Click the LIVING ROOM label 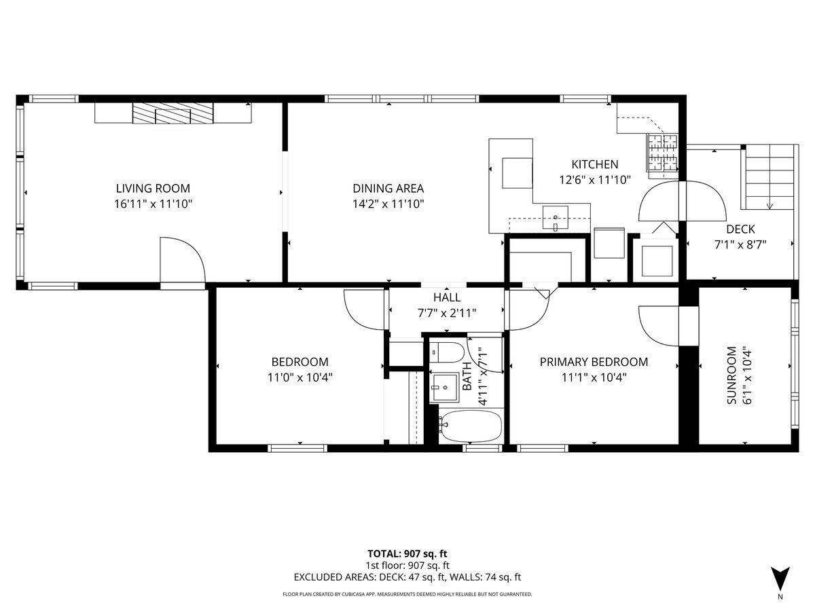pos(153,189)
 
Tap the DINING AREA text pos(388,189)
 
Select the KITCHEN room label pos(594,164)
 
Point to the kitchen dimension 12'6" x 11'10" pos(595,180)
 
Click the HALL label pos(447,297)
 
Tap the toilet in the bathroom pos(447,352)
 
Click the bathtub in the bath pos(471,426)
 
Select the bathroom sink pos(445,388)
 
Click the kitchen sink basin pos(555,217)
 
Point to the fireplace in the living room pos(173,113)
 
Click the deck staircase pos(769,177)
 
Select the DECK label pos(740,229)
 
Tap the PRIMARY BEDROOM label pos(594,362)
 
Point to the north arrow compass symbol pos(780,578)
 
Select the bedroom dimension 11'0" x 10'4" pos(300,377)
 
